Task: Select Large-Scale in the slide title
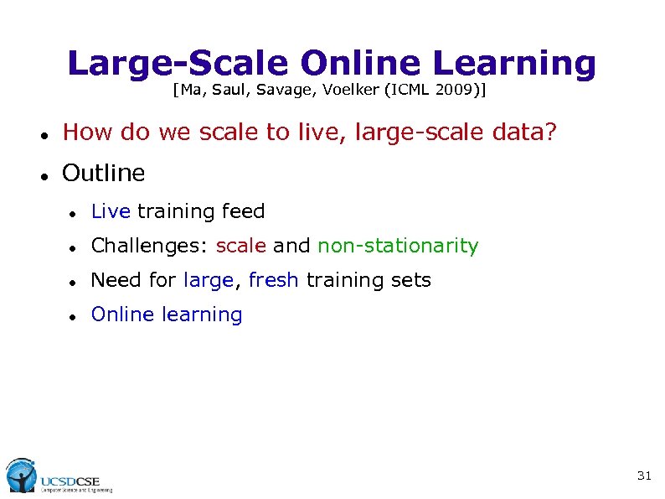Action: [178, 63]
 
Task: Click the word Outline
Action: [104, 174]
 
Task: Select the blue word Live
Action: [111, 211]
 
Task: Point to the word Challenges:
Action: [150, 246]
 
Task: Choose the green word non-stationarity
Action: [398, 246]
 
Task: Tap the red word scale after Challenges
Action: [241, 246]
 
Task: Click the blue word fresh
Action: [273, 280]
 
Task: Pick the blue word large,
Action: [209, 280]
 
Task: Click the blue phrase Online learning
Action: [167, 314]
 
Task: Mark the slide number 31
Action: [644, 476]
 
